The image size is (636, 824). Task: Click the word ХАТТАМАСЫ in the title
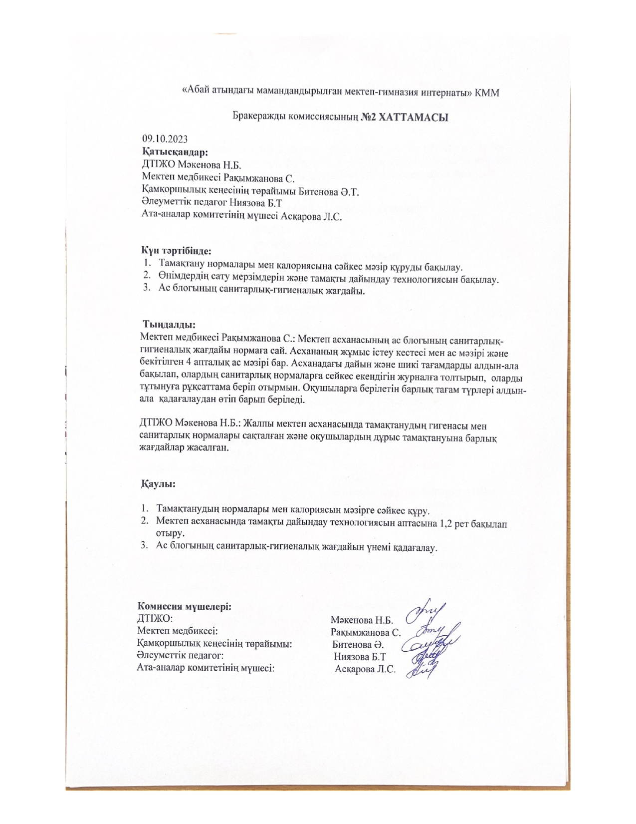[414, 118]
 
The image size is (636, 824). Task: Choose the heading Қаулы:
[158, 484]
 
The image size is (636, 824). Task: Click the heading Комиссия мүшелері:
[184, 607]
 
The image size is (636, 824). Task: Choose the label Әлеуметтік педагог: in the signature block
[179, 655]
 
